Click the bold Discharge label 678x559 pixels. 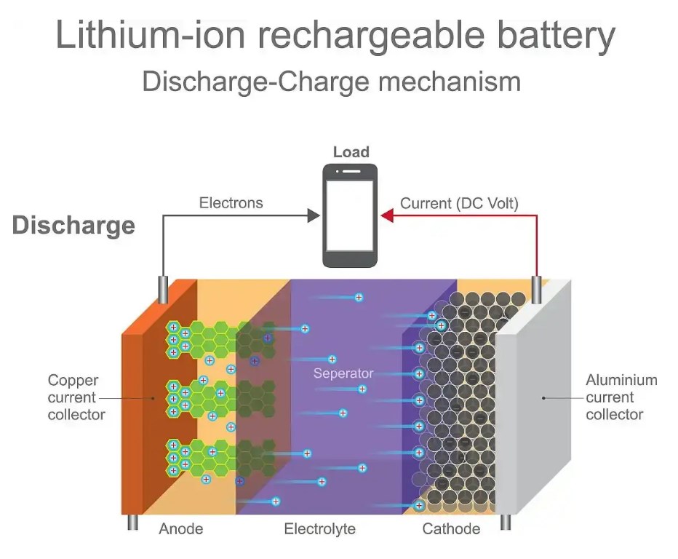73,225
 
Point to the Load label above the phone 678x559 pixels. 351,152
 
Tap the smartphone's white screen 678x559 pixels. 351,215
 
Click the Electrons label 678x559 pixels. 231,203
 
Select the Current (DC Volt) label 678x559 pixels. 459,203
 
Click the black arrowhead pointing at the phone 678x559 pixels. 314,215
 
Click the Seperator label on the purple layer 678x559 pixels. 343,373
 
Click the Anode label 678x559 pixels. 180,529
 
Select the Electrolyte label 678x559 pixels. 319,529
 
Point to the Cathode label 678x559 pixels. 451,529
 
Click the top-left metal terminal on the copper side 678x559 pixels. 164,290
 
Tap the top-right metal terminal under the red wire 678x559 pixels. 537,290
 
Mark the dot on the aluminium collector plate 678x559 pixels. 543,398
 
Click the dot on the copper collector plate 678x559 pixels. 153,398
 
